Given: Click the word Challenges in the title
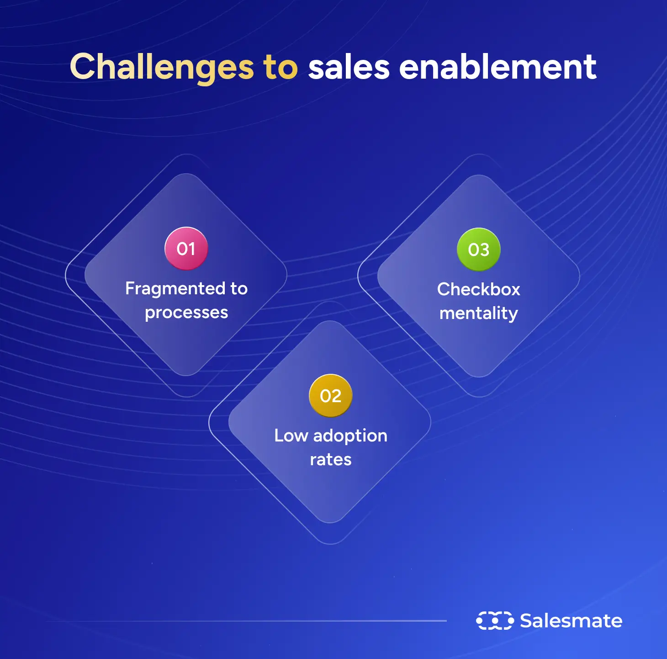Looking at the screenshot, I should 161,67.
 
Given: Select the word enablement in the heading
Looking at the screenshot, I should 498,67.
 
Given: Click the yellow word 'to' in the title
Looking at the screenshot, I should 280,67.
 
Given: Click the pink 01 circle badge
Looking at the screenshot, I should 186,249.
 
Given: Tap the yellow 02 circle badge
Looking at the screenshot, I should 331,396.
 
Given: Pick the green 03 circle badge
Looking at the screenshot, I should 478,250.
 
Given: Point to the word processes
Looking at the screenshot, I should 186,313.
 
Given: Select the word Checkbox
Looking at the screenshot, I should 478,289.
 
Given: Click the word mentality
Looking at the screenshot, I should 478,314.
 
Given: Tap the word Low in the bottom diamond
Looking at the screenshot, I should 291,436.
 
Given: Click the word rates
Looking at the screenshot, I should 331,460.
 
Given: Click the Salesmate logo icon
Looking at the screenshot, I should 495,621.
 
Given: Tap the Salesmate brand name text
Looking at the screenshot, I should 571,621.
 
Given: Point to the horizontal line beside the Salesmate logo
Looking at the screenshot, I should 247,621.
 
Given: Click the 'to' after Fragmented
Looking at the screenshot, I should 239,289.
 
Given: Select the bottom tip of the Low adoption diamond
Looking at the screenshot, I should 330,522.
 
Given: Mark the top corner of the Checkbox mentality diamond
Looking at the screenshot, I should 478,175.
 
